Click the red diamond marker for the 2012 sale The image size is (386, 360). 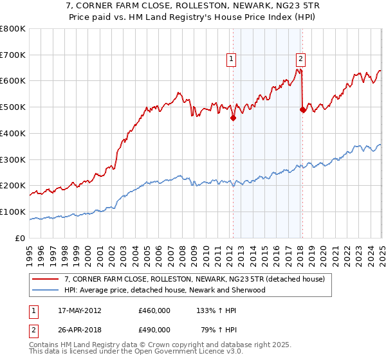tap(233, 118)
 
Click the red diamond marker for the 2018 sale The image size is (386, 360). tap(302, 110)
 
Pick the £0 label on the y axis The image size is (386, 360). tap(21, 238)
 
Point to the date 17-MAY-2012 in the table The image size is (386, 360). tap(75, 310)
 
